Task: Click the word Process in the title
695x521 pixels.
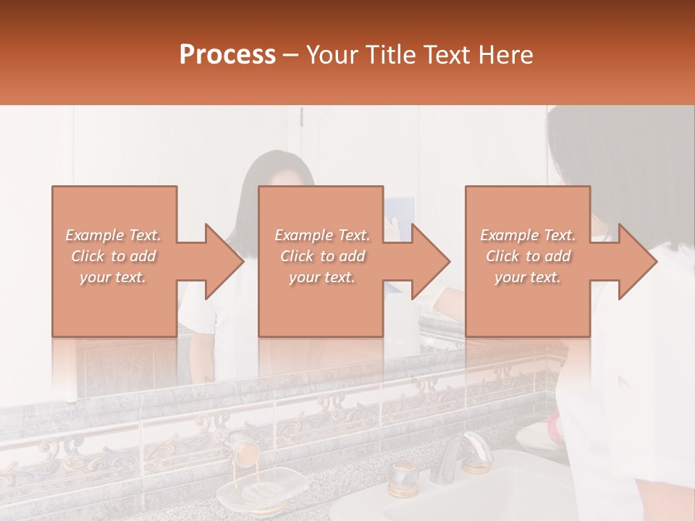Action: (227, 55)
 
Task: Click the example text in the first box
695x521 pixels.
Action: (114, 256)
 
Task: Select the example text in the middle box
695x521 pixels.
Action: (321, 256)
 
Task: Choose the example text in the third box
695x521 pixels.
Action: (528, 256)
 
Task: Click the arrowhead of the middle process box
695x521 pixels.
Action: (430, 261)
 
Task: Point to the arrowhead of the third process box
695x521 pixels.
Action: (637, 261)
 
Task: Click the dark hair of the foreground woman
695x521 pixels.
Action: (615, 166)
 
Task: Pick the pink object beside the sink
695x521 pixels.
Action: (555, 426)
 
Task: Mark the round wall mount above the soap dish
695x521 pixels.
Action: (247, 452)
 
